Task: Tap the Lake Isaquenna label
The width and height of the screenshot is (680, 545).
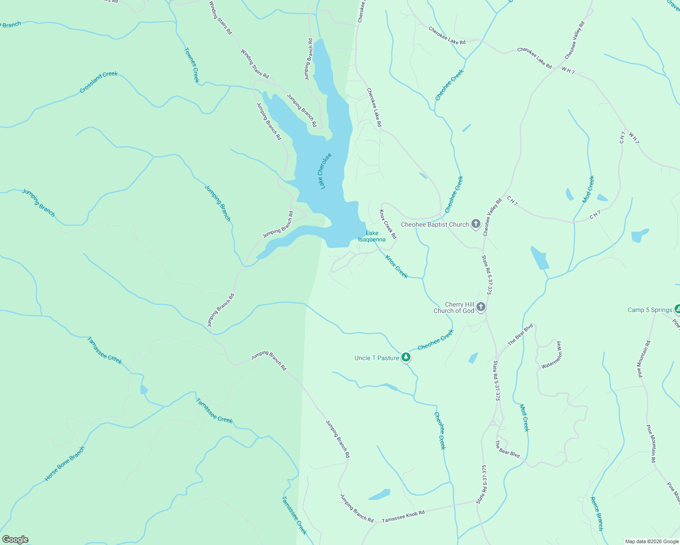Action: (372, 236)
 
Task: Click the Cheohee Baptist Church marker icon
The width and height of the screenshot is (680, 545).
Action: (476, 224)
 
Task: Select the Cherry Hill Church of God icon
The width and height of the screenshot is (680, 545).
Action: (481, 307)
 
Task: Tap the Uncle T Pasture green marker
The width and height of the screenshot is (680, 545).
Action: (406, 358)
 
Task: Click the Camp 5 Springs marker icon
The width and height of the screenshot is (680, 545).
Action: (677, 310)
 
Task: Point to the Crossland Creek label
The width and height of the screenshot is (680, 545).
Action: (98, 82)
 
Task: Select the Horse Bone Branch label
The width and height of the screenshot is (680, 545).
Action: (65, 464)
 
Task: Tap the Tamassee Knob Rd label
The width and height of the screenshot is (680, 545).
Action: (403, 516)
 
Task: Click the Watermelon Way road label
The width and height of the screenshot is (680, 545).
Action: (552, 355)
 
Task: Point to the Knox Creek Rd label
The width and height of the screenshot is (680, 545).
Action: (388, 224)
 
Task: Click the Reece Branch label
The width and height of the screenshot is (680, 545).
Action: (597, 514)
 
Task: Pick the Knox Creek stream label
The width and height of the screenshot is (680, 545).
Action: (396, 267)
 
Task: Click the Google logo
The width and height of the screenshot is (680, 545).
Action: (15, 540)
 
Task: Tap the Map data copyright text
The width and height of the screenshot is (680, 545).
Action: (652, 541)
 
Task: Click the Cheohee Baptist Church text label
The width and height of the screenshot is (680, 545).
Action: (435, 224)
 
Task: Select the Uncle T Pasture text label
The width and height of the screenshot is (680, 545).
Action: (377, 358)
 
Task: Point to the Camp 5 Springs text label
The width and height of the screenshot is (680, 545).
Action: (650, 310)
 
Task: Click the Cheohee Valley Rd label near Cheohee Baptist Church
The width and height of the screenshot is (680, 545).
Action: (492, 217)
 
